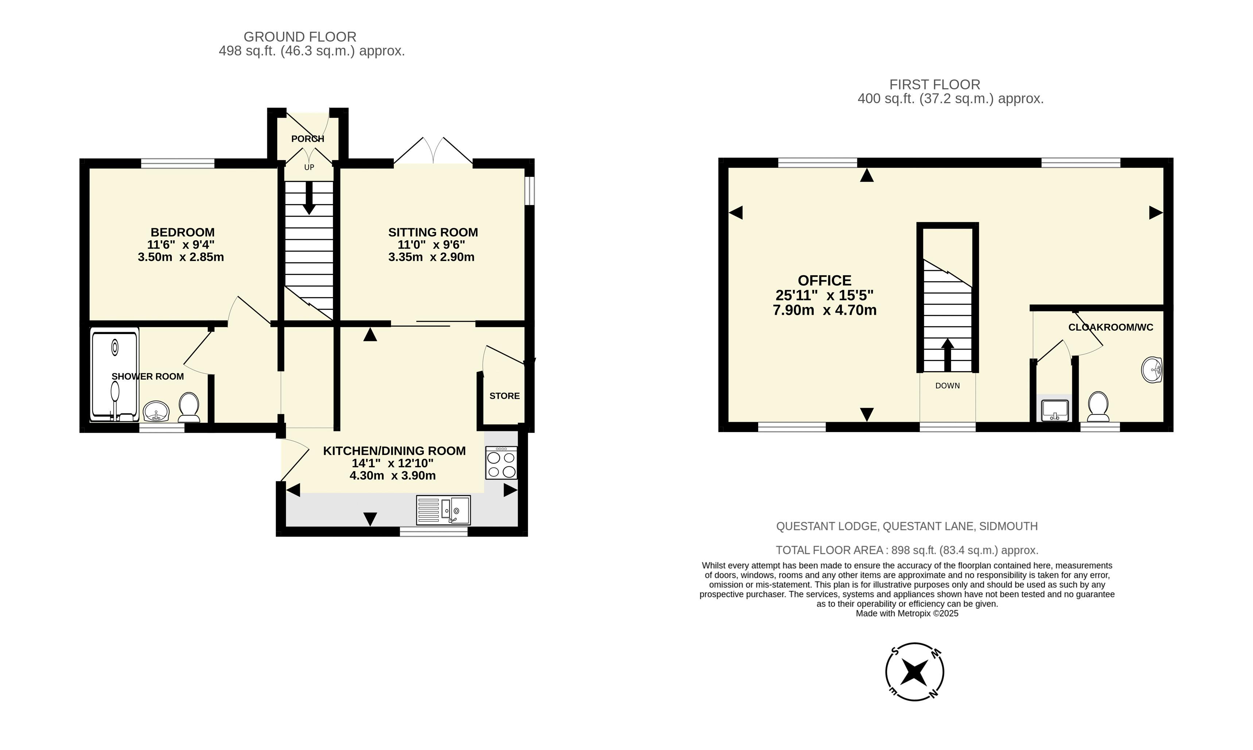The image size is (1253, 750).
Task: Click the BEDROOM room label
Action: pyautogui.click(x=182, y=233)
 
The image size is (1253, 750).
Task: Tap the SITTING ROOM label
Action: pyautogui.click(x=432, y=233)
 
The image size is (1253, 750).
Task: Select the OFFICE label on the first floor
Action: pyautogui.click(x=825, y=280)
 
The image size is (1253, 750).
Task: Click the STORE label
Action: pyautogui.click(x=504, y=396)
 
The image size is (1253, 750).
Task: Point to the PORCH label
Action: pyautogui.click(x=307, y=139)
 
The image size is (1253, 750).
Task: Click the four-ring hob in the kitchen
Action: pyautogui.click(x=501, y=462)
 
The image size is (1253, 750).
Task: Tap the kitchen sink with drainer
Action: pyautogui.click(x=443, y=510)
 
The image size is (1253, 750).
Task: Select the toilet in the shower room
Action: pyautogui.click(x=189, y=407)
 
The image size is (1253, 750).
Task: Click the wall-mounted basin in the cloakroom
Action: pyautogui.click(x=1152, y=370)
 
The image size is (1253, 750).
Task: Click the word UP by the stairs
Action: pyautogui.click(x=309, y=167)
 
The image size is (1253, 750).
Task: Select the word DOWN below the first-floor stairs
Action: pyautogui.click(x=947, y=386)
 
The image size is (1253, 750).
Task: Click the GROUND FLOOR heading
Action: pyautogui.click(x=300, y=37)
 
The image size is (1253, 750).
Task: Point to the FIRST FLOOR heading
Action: pyautogui.click(x=935, y=84)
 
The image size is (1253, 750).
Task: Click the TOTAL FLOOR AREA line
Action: pyautogui.click(x=907, y=550)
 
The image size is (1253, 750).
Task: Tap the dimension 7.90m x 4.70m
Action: pyautogui.click(x=825, y=310)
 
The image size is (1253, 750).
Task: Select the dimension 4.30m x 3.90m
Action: pyautogui.click(x=392, y=475)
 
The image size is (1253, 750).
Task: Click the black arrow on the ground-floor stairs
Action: pyautogui.click(x=309, y=198)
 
